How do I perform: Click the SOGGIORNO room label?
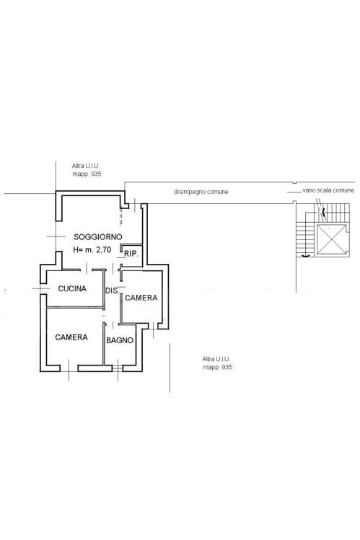click(98, 237)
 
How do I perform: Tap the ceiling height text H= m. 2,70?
click(92, 250)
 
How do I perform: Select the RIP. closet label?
click(131, 254)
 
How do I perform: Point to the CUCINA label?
click(72, 288)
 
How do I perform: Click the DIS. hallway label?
click(112, 291)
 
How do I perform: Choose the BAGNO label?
click(120, 340)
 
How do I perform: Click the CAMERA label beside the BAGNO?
click(71, 337)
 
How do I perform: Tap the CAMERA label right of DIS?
click(141, 298)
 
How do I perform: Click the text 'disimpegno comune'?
click(201, 192)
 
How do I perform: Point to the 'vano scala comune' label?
click(328, 190)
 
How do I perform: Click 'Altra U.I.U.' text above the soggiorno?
click(86, 166)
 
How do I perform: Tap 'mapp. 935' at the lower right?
click(218, 367)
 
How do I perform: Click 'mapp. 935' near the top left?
click(87, 174)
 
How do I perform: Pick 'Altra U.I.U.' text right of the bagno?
click(216, 359)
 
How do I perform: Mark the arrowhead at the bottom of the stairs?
click(305, 255)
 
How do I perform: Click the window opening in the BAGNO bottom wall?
click(118, 368)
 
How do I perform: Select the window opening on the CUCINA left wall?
click(43, 288)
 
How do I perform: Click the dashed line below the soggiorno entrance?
click(120, 217)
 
